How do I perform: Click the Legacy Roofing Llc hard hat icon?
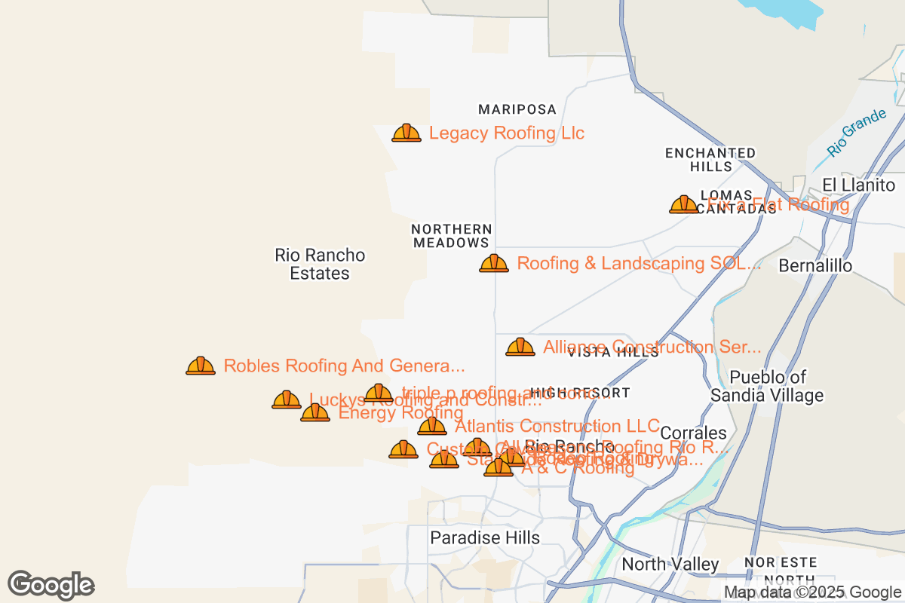[x=406, y=133]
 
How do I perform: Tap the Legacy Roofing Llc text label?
[x=506, y=133]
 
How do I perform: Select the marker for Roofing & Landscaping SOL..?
[x=494, y=264]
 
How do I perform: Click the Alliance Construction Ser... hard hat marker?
[x=520, y=347]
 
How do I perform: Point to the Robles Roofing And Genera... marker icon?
[x=201, y=366]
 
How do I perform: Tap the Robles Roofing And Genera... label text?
[x=344, y=366]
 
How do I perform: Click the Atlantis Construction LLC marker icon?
[x=432, y=426]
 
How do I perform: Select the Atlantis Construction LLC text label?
[x=557, y=426]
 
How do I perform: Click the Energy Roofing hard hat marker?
[x=315, y=412]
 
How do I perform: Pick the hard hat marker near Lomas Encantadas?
[x=684, y=204]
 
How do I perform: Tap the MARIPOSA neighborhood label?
[x=517, y=110]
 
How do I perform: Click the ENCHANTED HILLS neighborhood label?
[x=710, y=160]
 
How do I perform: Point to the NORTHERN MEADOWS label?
[x=451, y=236]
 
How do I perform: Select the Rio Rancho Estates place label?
[x=320, y=264]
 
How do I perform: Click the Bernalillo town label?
[x=815, y=266]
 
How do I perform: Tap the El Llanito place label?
[x=858, y=185]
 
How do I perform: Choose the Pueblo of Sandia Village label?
[x=768, y=386]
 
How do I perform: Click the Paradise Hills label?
[x=485, y=537]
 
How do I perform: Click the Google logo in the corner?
[x=51, y=585]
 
